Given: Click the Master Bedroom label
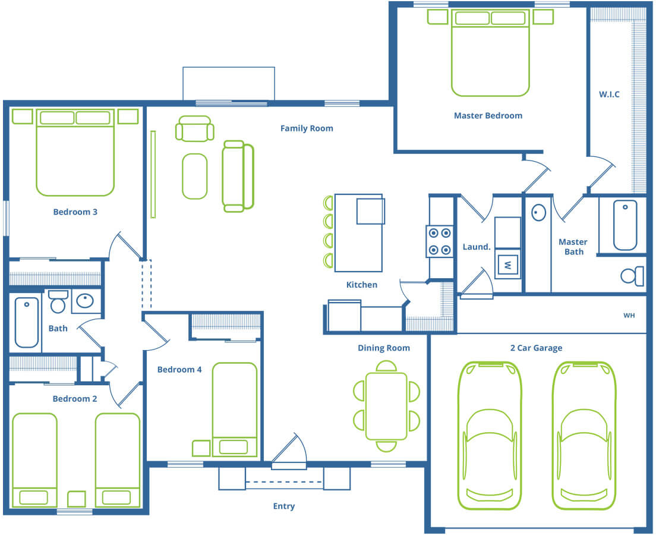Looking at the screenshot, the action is [x=488, y=115].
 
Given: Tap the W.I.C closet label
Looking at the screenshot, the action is [x=609, y=94].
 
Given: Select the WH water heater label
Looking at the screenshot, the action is [x=629, y=315].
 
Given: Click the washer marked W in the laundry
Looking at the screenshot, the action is [x=507, y=265].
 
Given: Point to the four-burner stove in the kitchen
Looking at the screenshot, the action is [x=440, y=241].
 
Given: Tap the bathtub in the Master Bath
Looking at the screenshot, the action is [x=625, y=225].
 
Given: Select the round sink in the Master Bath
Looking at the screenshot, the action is [x=538, y=212].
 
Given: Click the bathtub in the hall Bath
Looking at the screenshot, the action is [x=27, y=322].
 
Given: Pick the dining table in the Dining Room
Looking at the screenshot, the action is [x=386, y=406].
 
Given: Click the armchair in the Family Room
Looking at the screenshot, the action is [x=194, y=128].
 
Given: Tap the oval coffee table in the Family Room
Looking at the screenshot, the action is [x=194, y=176].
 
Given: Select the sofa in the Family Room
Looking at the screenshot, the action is [x=238, y=176].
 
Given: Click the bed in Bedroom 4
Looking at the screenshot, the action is [x=234, y=410].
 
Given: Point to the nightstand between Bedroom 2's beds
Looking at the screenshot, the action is [x=77, y=499].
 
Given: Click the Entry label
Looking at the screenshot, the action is [x=283, y=506].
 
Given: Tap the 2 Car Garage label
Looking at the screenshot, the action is [x=536, y=348].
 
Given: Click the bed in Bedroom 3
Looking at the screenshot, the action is [x=75, y=152].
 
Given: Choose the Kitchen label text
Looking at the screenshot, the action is [x=361, y=285].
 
